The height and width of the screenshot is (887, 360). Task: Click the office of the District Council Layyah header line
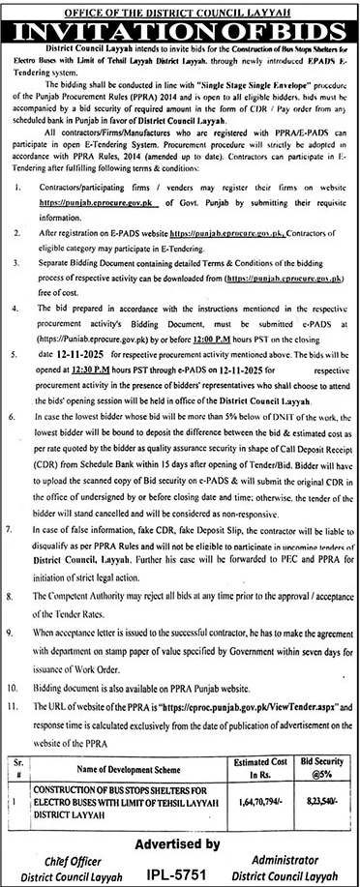click(180, 8)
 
